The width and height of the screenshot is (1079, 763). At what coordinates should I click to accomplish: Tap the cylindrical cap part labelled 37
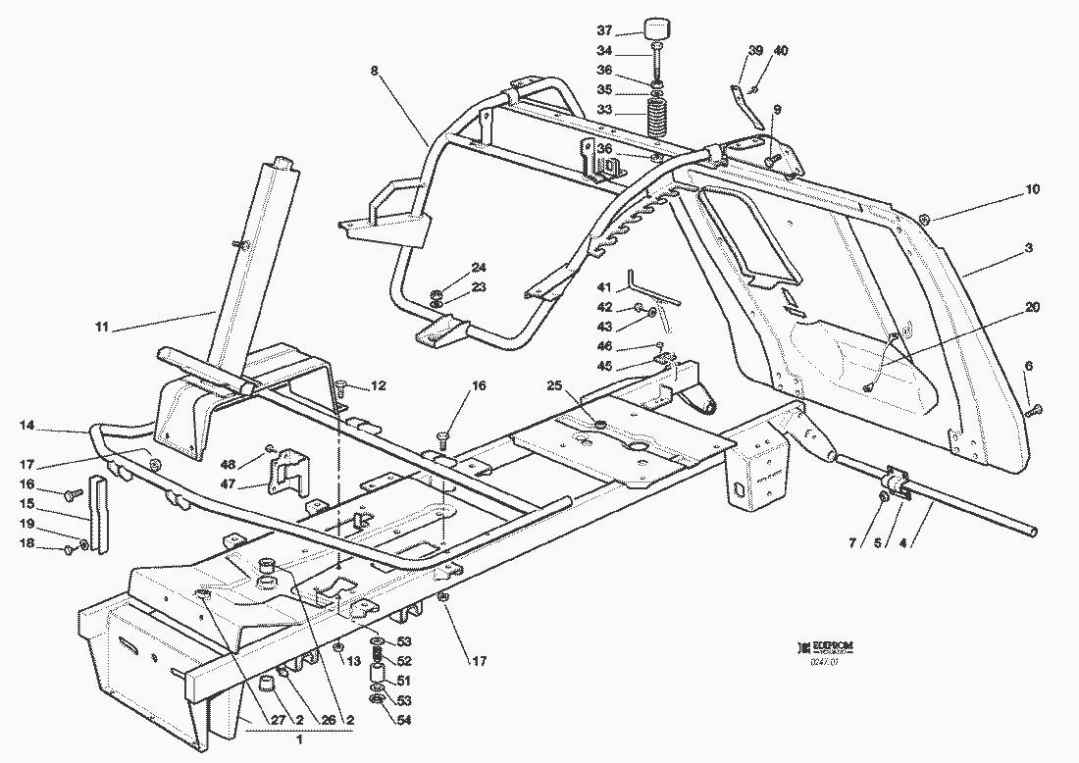(x=655, y=27)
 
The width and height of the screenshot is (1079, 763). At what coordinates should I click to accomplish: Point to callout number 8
(x=374, y=70)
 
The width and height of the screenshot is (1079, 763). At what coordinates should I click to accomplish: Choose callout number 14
(x=26, y=427)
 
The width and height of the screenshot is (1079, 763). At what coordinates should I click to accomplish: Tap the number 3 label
(x=1028, y=249)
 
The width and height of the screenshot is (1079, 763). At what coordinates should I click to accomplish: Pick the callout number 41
(x=604, y=287)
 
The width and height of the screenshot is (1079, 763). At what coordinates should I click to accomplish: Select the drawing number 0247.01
(x=823, y=663)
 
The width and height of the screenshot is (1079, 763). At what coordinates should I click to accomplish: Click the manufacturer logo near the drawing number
(x=825, y=645)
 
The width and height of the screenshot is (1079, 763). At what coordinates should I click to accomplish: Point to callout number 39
(x=754, y=50)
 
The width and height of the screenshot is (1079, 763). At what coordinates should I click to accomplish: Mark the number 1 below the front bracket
(x=299, y=737)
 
